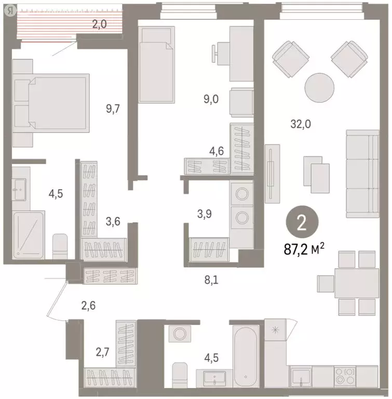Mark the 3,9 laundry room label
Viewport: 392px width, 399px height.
pos(206,214)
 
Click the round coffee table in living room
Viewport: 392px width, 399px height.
pos(318,87)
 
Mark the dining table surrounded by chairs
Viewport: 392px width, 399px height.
pos(353,283)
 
